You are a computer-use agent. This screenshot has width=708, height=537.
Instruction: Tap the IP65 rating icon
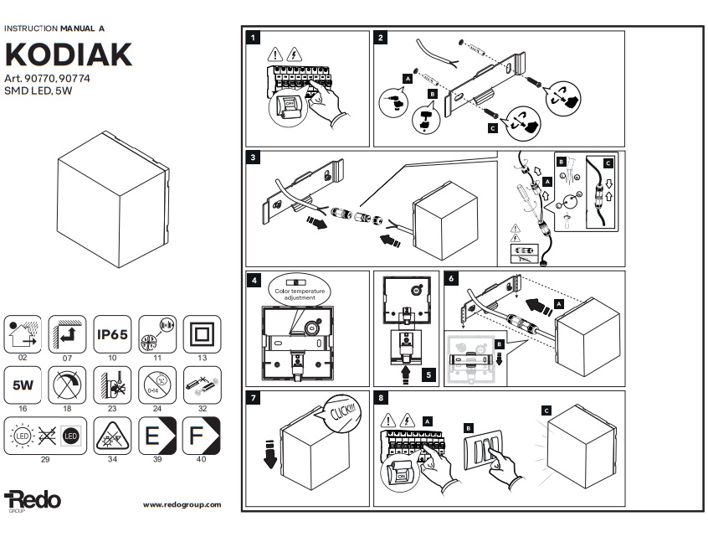110,333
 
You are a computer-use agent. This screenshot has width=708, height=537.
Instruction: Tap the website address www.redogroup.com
182,504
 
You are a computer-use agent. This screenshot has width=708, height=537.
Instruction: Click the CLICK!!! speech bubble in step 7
342,410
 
